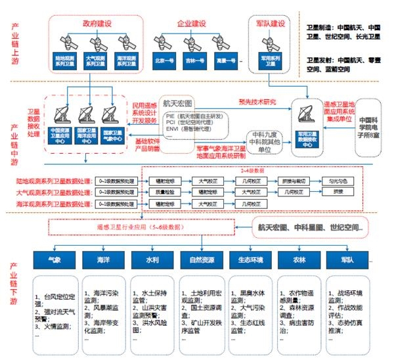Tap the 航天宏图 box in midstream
pyautogui.click(x=179, y=103)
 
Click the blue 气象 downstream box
pyautogui.click(x=64, y=259)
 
